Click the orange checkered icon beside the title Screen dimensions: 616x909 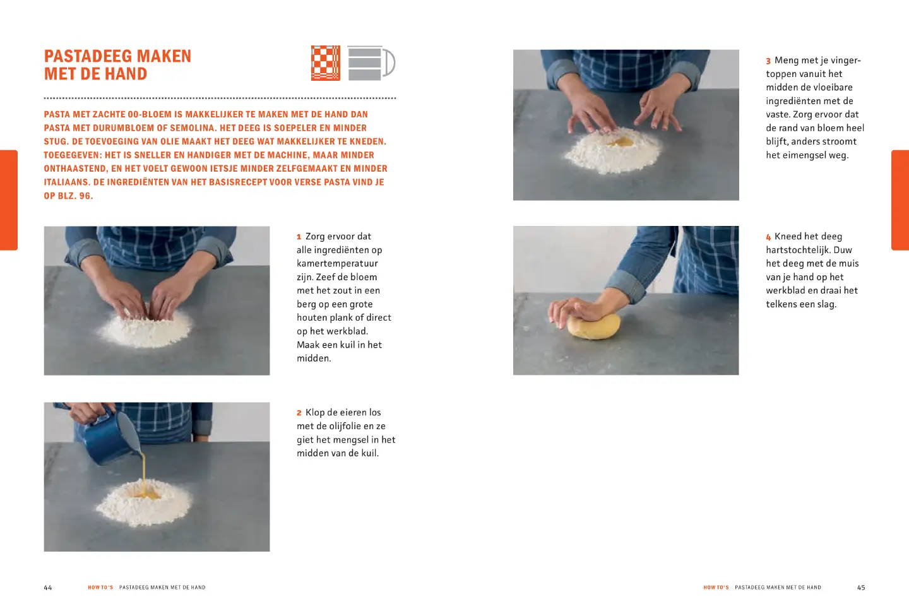click(x=326, y=63)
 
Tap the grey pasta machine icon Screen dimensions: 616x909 click(x=370, y=63)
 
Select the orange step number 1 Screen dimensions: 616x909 click(x=299, y=237)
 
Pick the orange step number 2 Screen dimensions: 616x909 click(x=299, y=413)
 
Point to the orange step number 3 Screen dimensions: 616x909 click(x=768, y=61)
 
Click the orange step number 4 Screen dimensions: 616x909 click(x=768, y=237)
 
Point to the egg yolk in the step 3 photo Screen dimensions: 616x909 click(x=620, y=142)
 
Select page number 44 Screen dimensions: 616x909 click(x=48, y=588)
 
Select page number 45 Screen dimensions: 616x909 click(x=861, y=588)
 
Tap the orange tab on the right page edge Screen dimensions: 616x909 click(x=900, y=200)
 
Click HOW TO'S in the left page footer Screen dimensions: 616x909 click(x=100, y=588)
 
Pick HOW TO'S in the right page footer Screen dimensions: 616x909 click(x=716, y=588)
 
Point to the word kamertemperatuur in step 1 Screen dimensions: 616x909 click(x=337, y=264)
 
